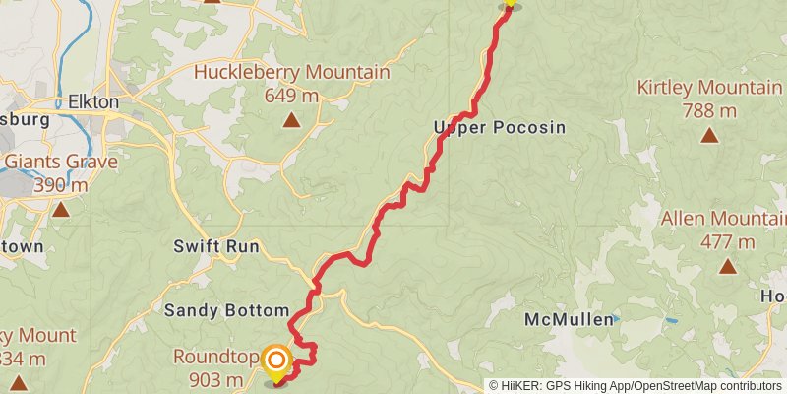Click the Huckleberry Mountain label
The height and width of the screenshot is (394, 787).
pos(291,72)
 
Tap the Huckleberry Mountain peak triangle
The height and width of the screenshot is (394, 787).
pos(291,121)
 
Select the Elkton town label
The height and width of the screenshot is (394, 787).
pos(93,101)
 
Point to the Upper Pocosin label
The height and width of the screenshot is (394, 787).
pos(484,127)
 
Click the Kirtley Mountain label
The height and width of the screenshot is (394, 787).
pos(708,87)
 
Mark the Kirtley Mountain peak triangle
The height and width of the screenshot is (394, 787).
pos(709,136)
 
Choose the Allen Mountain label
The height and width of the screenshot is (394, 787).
pos(724,218)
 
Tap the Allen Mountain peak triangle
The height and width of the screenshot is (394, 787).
pos(727,266)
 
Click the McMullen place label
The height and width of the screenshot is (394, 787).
pos(563,320)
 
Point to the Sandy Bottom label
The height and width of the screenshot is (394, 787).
pos(226,309)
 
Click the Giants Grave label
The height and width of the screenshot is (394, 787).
pos(61,162)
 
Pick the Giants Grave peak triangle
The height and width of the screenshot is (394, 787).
pos(61,209)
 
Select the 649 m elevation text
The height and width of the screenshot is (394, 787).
pos(291,96)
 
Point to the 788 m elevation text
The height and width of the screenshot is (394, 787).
pos(709,110)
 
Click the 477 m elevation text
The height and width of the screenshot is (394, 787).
pos(727,241)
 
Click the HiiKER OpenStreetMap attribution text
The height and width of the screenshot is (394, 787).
pos(636,385)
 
